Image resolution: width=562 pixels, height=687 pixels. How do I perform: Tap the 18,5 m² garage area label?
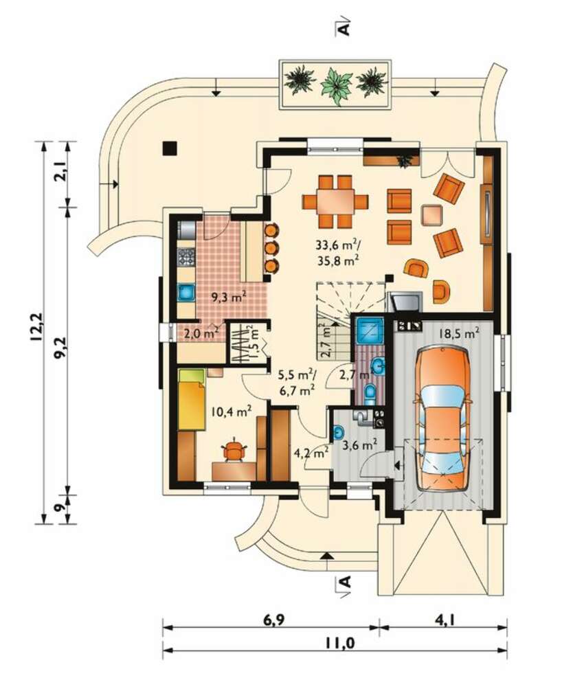pos(459,334)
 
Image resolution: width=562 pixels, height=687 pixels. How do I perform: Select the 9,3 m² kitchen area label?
pos(229,298)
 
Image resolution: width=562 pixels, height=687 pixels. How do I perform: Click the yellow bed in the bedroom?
pos(192,399)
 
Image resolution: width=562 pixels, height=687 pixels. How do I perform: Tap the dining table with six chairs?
pos(335,201)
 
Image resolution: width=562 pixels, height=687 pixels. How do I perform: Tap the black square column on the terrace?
pos(170,148)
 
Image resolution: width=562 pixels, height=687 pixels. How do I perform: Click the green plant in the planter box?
pos(337,85)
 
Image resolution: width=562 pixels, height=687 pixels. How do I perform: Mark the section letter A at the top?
pos(345,28)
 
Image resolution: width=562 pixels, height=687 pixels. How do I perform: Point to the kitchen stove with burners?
pos(186,257)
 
